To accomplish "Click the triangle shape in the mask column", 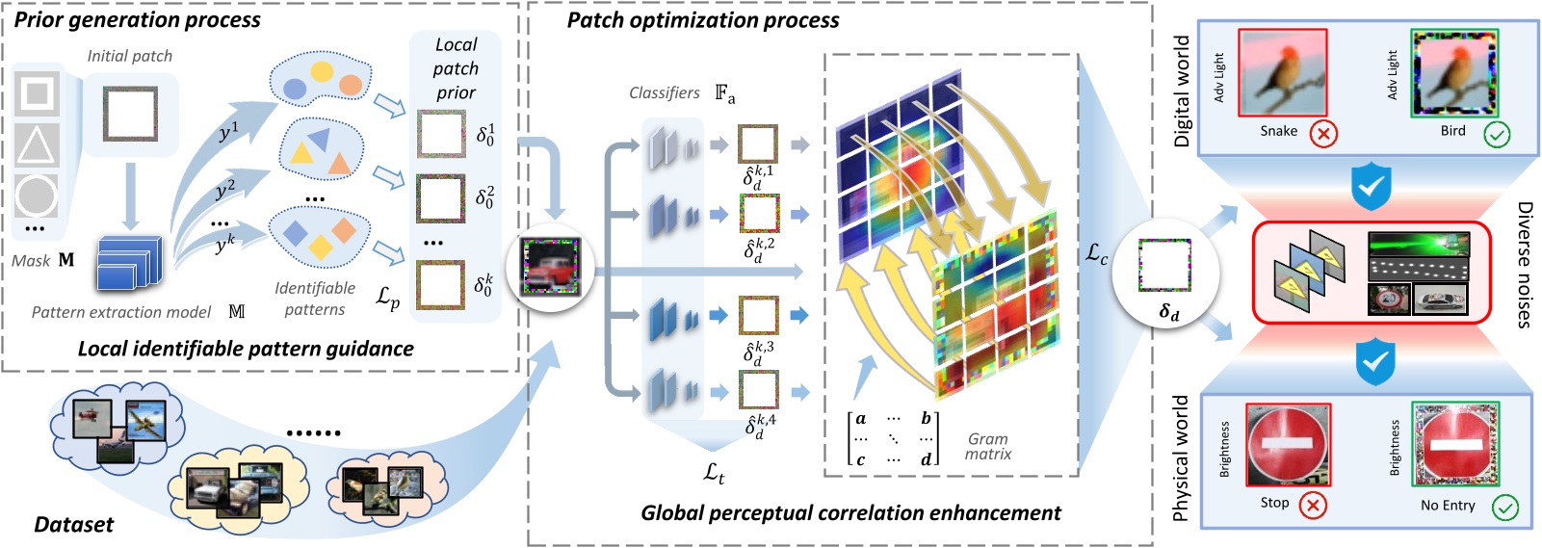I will tap(37, 144).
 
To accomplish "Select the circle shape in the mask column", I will tap(37, 196).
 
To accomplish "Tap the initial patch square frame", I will tap(130, 114).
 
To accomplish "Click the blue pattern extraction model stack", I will tap(128, 263).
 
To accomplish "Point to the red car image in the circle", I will tap(550, 267).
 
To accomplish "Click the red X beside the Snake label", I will tap(1324, 134).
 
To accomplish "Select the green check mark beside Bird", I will tap(1497, 134).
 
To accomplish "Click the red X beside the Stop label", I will tap(1312, 505).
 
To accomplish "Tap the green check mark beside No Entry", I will tap(1504, 507).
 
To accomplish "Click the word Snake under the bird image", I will tap(1278, 131).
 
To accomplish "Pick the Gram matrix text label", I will tap(988, 446).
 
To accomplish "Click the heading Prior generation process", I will tap(137, 20).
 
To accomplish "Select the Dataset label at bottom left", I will tap(73, 524).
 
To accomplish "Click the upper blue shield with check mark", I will tap(1371, 185).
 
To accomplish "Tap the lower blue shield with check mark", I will tap(1374, 362).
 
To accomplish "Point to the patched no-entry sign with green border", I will tap(1455, 445).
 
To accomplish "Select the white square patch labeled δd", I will tap(1164, 265).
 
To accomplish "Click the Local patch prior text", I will tap(456, 68).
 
